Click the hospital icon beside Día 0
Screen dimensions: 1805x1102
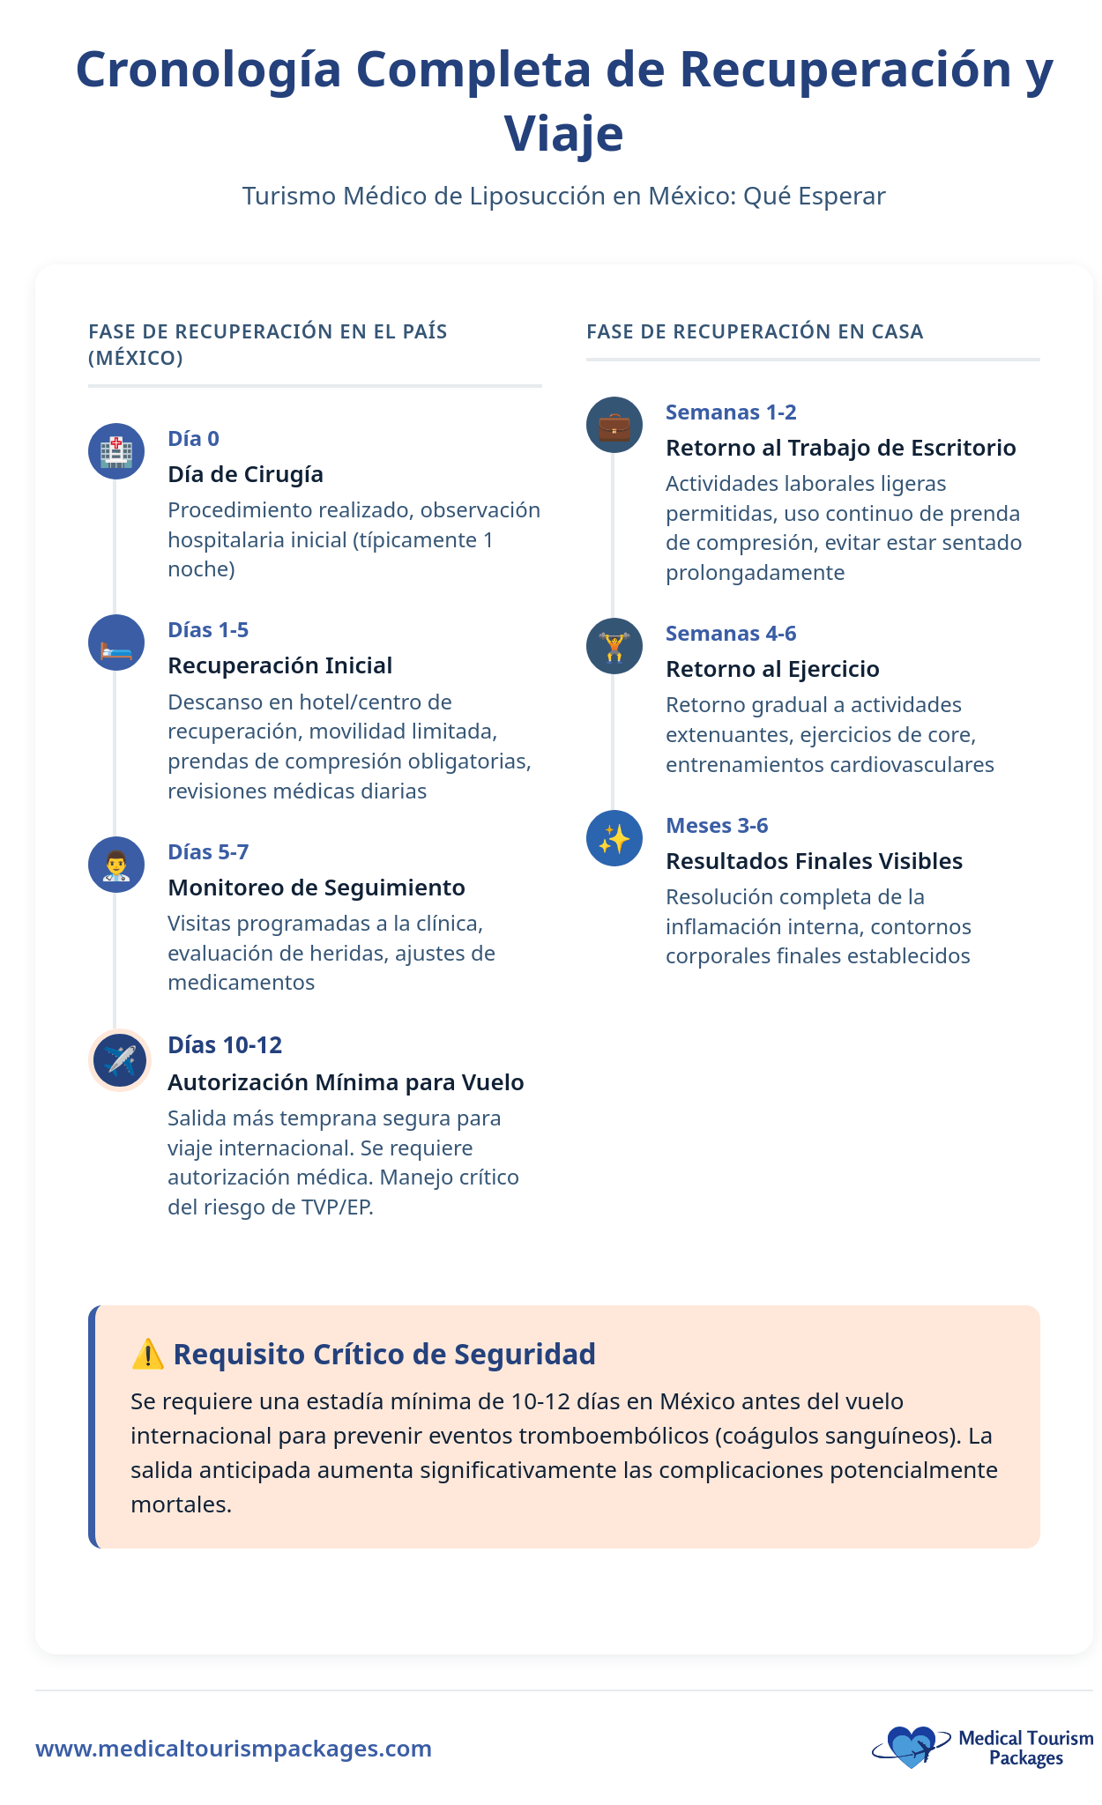116,451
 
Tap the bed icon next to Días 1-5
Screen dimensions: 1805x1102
116,643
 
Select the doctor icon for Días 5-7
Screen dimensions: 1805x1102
116,865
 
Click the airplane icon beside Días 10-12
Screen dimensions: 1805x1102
120,1060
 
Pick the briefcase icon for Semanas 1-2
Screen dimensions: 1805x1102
614,425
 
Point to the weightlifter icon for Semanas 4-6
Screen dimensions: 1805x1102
614,646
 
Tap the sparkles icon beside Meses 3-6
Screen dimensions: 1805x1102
614,838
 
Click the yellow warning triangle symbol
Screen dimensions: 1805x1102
147,1354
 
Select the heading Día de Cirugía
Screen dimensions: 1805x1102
245,474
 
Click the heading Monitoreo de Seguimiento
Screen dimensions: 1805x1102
316,888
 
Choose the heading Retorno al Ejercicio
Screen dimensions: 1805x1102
772,669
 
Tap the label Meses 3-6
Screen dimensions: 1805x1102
717,825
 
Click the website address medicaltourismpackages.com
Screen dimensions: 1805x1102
234,1749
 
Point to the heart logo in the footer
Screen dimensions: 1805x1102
910,1745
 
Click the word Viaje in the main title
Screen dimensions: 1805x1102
563,134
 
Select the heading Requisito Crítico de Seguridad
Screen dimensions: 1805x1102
384,1354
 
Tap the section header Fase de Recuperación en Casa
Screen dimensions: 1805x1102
755,331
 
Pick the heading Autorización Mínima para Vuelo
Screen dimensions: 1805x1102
346,1082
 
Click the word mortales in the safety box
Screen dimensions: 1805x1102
181,1504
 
